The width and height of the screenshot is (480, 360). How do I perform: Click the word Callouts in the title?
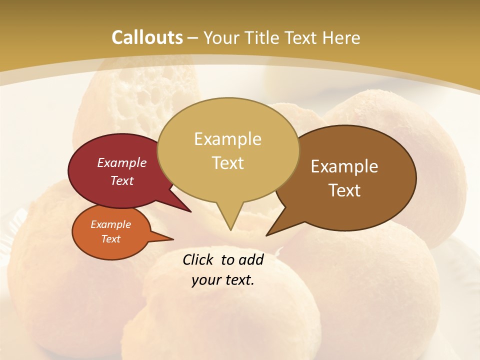(147, 37)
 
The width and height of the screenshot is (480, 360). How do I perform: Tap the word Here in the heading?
(342, 37)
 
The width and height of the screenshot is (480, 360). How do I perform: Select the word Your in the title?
(221, 37)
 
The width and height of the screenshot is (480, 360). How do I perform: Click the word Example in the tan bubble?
(227, 139)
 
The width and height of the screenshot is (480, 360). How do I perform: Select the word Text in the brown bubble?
(344, 190)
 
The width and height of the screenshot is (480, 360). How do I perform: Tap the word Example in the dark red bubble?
(122, 163)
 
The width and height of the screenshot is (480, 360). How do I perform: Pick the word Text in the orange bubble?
(111, 239)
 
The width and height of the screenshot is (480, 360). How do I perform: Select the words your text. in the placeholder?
(223, 280)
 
